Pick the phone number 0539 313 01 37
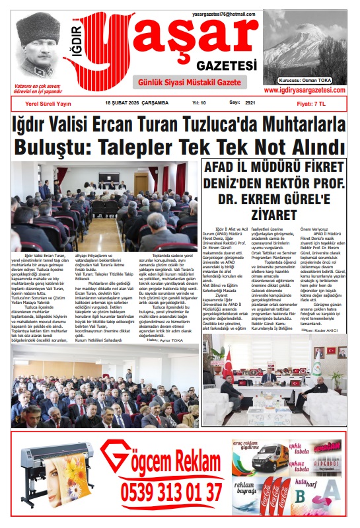170,492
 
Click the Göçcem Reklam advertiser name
168,460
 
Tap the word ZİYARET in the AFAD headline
273,215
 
